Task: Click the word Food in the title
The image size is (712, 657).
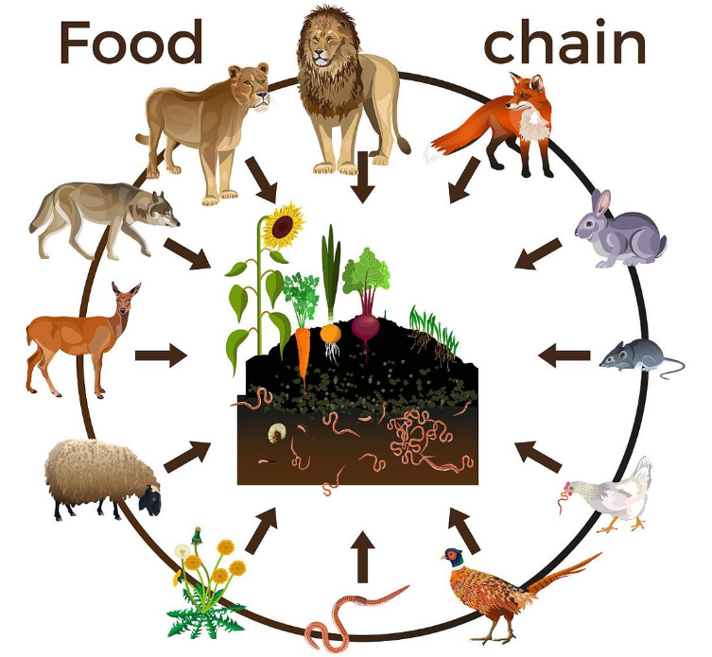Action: [131, 43]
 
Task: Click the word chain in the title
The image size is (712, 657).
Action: [564, 43]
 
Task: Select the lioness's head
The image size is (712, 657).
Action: [252, 88]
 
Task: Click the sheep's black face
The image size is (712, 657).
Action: [149, 498]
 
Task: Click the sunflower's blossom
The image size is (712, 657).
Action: [283, 226]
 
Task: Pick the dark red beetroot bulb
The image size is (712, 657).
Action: [365, 331]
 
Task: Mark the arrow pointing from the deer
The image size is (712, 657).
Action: [161, 356]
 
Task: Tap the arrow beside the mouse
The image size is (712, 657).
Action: [564, 356]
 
